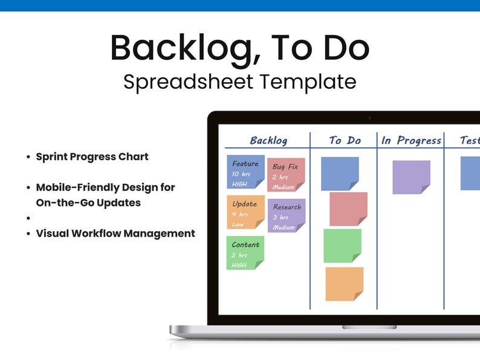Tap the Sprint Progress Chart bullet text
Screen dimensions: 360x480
coord(92,157)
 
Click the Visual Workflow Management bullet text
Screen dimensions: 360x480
coord(115,233)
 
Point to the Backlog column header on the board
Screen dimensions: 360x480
coord(268,141)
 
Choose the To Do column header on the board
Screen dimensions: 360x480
coord(345,141)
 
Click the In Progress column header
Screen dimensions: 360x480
coord(411,141)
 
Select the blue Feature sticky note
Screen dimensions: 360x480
coord(245,172)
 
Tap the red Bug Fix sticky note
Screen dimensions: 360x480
coord(286,175)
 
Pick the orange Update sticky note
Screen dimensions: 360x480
coord(245,213)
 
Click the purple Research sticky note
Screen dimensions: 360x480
coord(286,216)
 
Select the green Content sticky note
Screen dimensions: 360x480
coord(245,253)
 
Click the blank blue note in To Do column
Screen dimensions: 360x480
coord(340,173)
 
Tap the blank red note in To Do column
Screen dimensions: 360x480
coord(348,209)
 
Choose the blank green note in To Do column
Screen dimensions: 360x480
coord(342,245)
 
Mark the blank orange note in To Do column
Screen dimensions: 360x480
coord(344,284)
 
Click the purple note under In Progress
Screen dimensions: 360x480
coord(411,177)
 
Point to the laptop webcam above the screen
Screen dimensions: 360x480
coord(369,117)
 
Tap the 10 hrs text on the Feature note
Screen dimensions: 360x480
coord(241,174)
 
